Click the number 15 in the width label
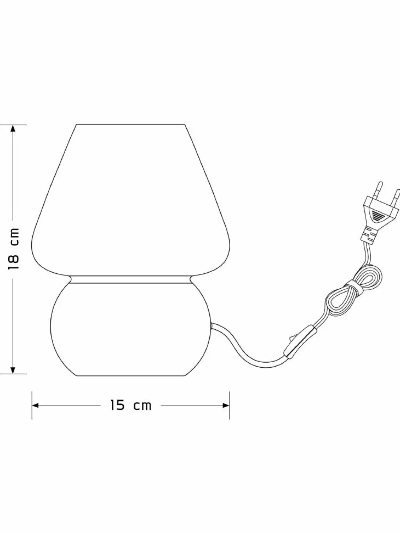118,405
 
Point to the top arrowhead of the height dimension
13,128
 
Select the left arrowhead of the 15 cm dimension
36,405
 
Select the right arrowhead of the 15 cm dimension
226,405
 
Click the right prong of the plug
395,197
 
